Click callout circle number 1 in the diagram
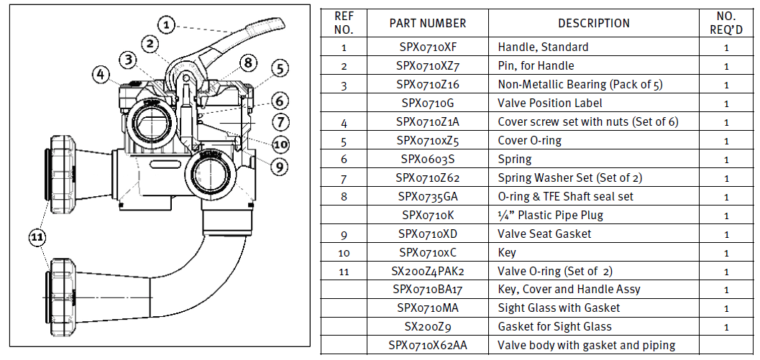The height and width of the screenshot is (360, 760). tap(166, 26)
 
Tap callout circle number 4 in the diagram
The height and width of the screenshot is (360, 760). tap(101, 73)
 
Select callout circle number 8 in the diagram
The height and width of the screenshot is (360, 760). tap(248, 63)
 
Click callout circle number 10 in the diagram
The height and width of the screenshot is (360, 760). tap(281, 144)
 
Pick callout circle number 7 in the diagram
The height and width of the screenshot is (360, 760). tap(280, 122)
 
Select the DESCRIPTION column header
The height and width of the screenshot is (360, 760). tap(593, 23)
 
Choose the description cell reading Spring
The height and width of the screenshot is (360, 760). tap(514, 159)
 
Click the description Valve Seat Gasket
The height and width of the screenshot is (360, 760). tap(544, 234)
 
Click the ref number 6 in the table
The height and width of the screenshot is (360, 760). tap(344, 159)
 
